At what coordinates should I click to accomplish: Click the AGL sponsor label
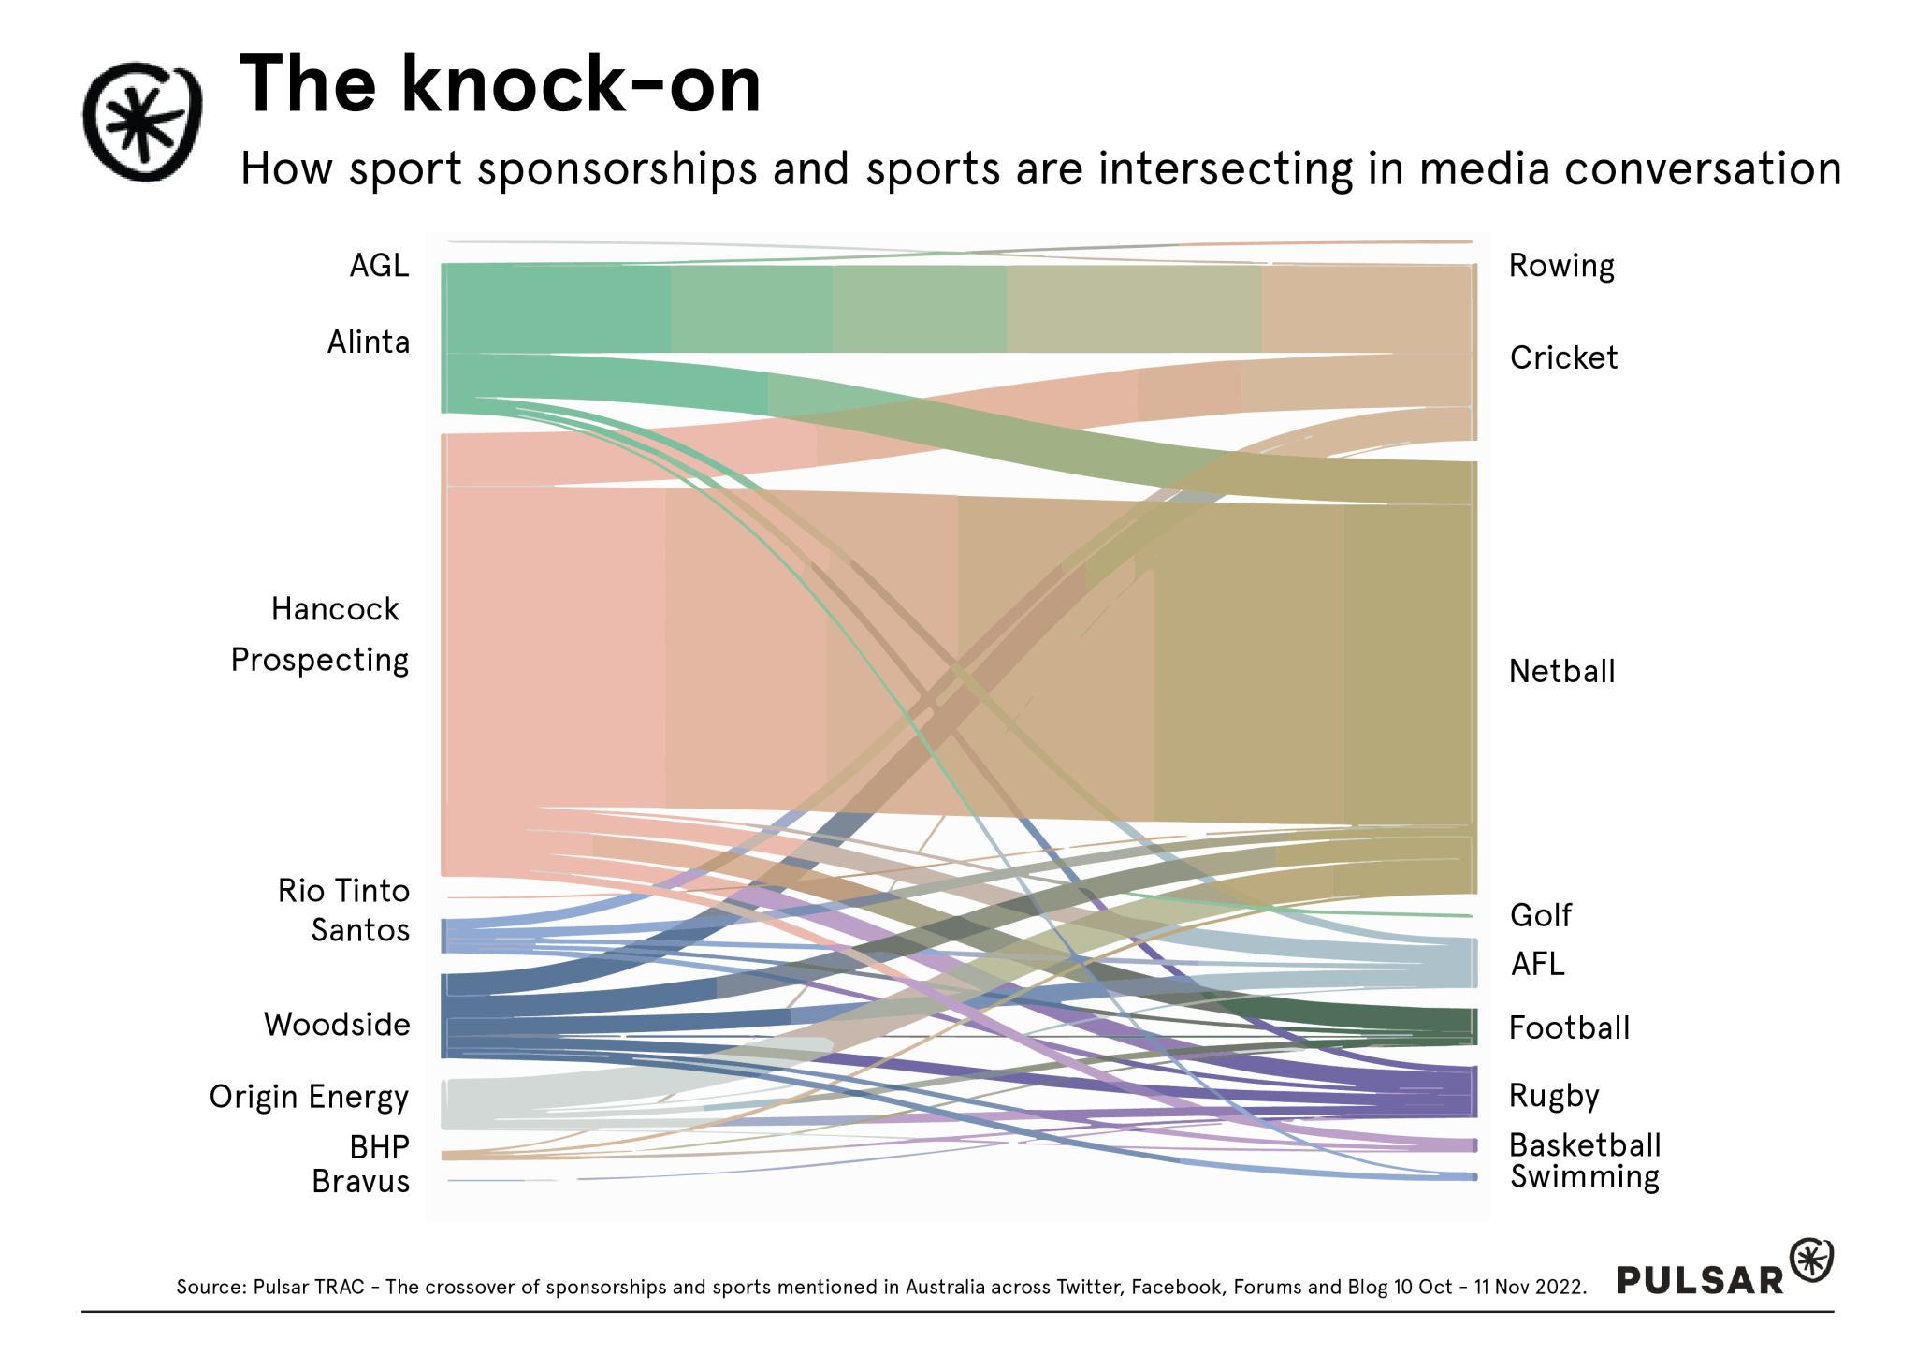click(379, 266)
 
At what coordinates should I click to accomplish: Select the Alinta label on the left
click(369, 342)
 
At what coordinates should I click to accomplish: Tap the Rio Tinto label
click(343, 891)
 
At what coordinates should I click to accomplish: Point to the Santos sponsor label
click(360, 930)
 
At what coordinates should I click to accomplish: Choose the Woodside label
click(337, 1025)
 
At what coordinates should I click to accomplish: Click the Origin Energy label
click(309, 1097)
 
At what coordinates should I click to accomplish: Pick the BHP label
click(379, 1147)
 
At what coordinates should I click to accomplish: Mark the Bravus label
click(360, 1182)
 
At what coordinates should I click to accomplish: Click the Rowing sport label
click(1561, 266)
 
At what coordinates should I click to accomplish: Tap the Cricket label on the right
click(1563, 357)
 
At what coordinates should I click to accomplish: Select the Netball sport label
click(1561, 671)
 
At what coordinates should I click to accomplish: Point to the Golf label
click(1541, 915)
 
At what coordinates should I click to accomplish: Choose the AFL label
click(1537, 964)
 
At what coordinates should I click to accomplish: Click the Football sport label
click(1569, 1028)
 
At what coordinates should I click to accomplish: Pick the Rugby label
click(1554, 1096)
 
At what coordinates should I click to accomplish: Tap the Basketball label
click(1585, 1145)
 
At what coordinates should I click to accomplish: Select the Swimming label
click(1585, 1177)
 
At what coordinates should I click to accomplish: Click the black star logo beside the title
click(142, 122)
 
